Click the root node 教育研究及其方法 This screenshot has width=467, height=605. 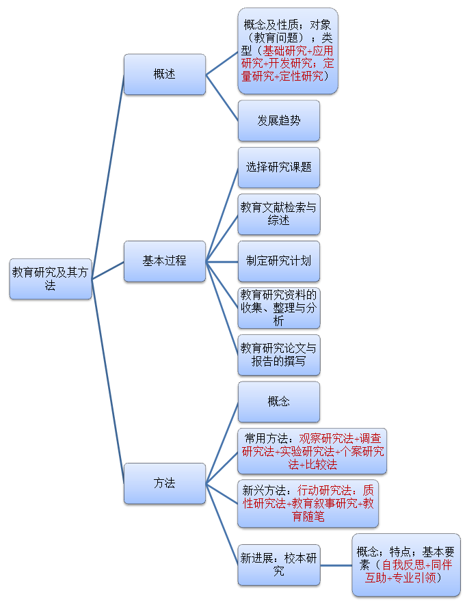point(51,279)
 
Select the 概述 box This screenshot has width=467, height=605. point(164,74)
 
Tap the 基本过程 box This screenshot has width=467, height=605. point(164,261)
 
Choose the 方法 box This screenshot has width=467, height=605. point(164,483)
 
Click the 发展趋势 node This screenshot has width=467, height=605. point(278,120)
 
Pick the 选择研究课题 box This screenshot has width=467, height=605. point(278,167)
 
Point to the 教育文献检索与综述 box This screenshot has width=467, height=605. point(278,214)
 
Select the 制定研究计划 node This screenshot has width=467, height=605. point(278,261)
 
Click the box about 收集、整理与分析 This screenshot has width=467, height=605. point(278,308)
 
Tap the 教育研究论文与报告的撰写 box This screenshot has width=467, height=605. point(278,355)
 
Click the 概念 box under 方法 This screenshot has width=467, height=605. point(278,401)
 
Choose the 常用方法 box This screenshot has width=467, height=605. point(312,451)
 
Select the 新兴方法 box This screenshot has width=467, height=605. point(308,503)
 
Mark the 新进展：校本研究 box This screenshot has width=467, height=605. point(278,565)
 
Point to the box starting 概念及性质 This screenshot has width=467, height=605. point(288,51)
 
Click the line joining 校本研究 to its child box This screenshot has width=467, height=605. point(335,565)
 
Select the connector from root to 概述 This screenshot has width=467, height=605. point(108,176)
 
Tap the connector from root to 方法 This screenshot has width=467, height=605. point(108,381)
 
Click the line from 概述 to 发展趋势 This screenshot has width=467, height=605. point(222,97)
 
